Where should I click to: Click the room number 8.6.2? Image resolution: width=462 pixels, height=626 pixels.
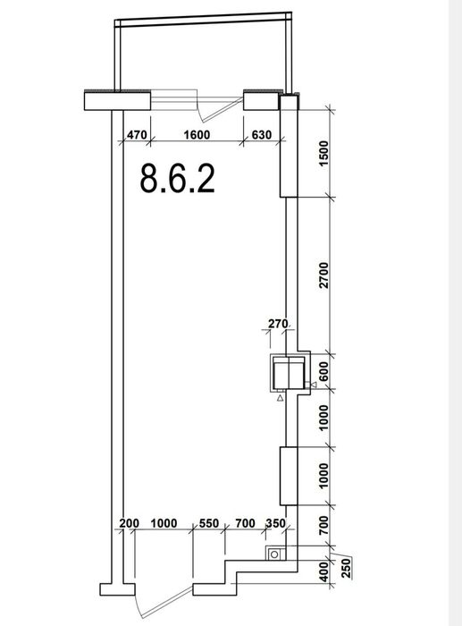pyautogui.click(x=178, y=179)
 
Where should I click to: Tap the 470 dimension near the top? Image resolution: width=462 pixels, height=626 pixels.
pyautogui.click(x=137, y=135)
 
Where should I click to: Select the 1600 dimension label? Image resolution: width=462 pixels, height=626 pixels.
pyautogui.click(x=197, y=135)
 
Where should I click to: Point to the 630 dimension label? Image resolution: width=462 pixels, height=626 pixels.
pyautogui.click(x=261, y=135)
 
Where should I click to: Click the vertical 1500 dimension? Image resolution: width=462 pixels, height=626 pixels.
pyautogui.click(x=324, y=154)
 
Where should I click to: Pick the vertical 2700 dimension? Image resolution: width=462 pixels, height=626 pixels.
pyautogui.click(x=324, y=275)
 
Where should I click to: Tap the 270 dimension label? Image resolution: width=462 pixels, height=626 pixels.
pyautogui.click(x=278, y=324)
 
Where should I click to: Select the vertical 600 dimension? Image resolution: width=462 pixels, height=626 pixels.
pyautogui.click(x=324, y=371)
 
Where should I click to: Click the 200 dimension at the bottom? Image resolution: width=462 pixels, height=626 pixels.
pyautogui.click(x=130, y=523)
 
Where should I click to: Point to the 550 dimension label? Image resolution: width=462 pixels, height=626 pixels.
pyautogui.click(x=209, y=523)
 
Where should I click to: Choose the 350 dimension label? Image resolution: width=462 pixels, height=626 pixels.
pyautogui.click(x=276, y=523)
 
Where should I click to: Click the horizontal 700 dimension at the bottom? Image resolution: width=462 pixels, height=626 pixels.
pyautogui.click(x=245, y=523)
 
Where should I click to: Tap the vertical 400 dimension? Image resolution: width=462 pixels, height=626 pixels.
pyautogui.click(x=324, y=571)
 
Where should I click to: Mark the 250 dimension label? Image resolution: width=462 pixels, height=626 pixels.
pyautogui.click(x=347, y=568)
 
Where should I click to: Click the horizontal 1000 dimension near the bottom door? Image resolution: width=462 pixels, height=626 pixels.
pyautogui.click(x=164, y=523)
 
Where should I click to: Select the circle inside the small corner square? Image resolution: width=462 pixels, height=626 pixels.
pyautogui.click(x=274, y=554)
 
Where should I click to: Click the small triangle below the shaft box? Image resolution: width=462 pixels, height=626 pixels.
pyautogui.click(x=281, y=398)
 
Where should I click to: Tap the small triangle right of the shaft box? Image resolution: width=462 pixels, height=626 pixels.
pyautogui.click(x=313, y=385)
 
